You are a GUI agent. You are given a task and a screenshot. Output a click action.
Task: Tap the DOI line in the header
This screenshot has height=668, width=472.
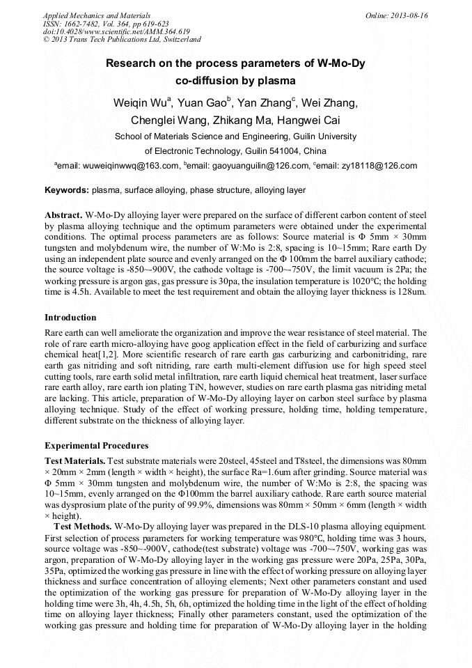pos(96,31)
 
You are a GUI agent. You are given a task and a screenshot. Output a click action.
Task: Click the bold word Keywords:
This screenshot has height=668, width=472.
pos(67,190)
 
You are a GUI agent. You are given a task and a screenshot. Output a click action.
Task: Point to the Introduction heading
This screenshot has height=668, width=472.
pos(70,318)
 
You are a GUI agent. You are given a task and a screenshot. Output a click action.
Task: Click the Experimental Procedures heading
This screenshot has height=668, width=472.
pos(96,445)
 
